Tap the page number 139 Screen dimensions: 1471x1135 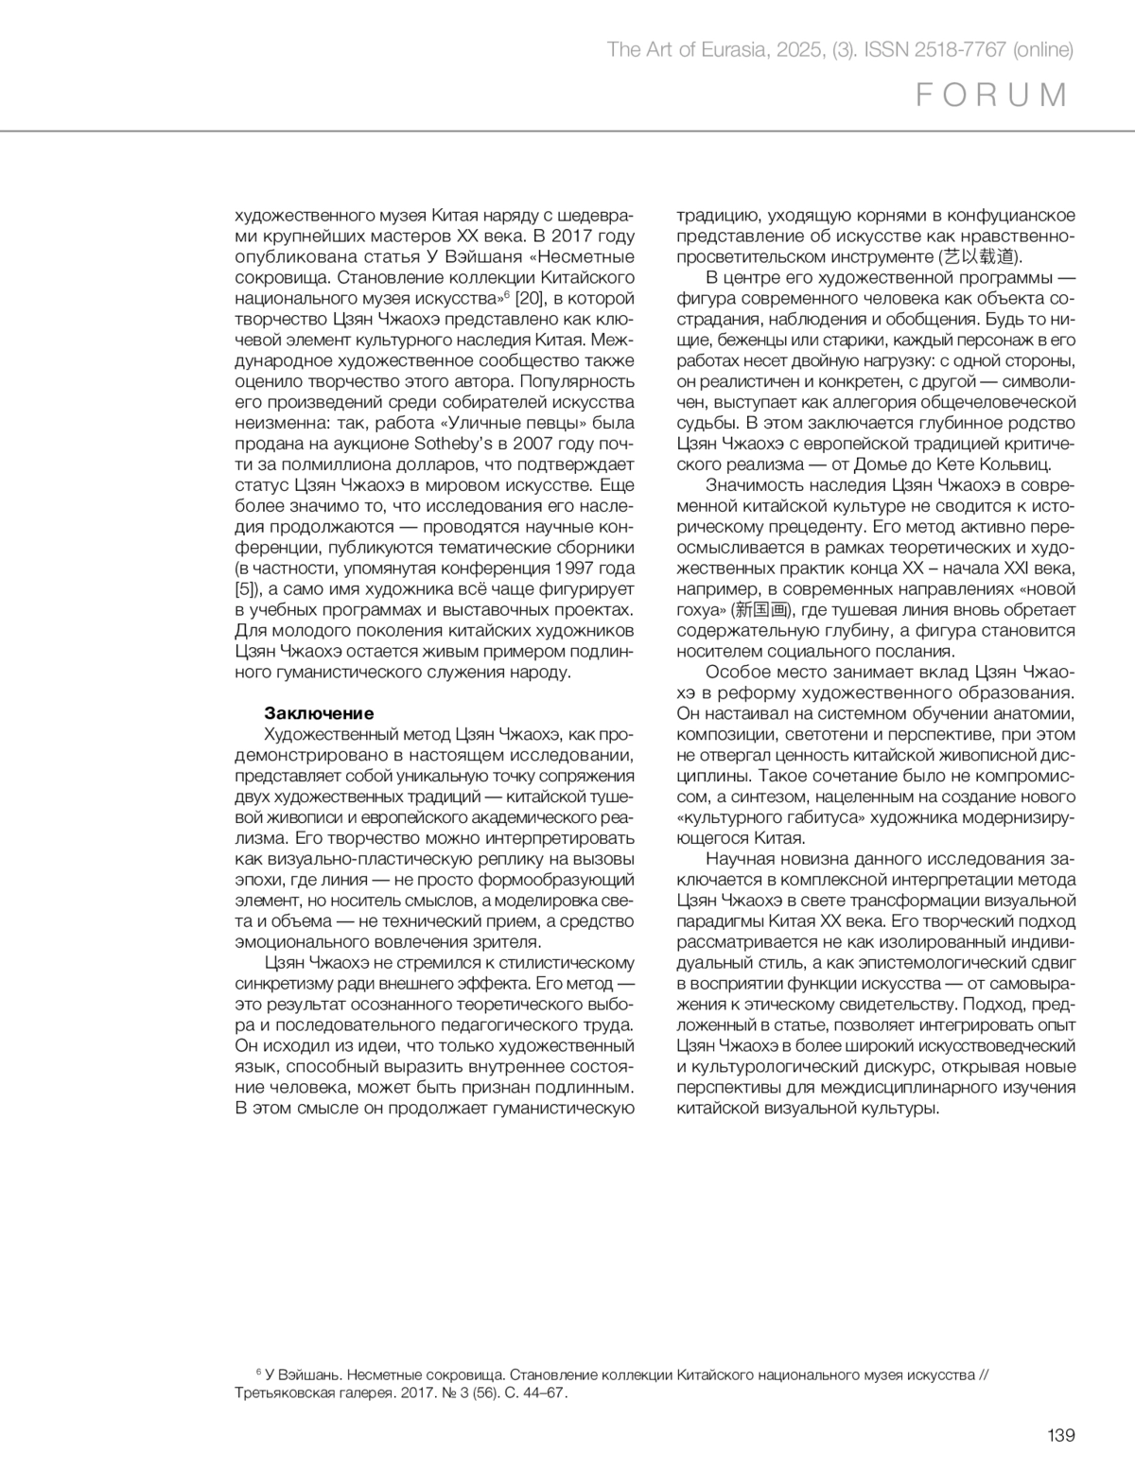(x=1061, y=1435)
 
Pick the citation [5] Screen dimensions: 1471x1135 (x=246, y=588)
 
